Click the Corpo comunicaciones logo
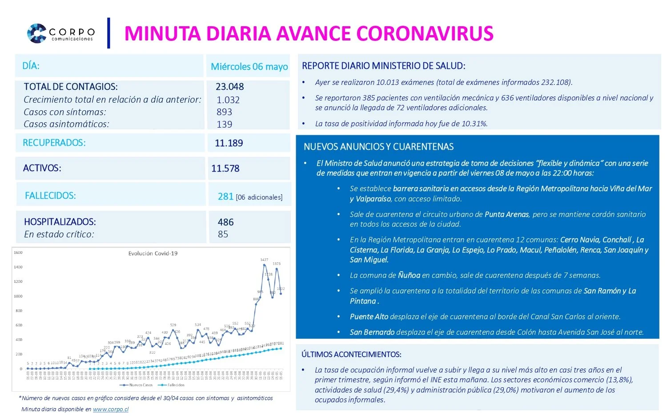tap(60, 33)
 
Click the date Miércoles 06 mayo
tap(249, 67)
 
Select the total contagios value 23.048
tap(229, 87)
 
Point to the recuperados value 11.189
tap(229, 143)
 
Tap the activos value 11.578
tap(225, 168)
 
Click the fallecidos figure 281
tap(225, 196)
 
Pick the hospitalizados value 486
tap(225, 222)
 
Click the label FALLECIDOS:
tap(50, 196)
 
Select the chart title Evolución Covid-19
tap(153, 253)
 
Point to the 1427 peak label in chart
tap(264, 260)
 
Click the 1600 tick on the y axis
tap(18, 253)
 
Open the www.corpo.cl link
tap(110, 409)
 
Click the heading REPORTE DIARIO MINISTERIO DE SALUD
tap(383, 66)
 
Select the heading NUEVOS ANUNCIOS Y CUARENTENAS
tap(378, 147)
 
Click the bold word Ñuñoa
tap(409, 275)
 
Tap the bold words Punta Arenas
tap(506, 214)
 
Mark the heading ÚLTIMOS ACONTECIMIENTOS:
tap(351, 354)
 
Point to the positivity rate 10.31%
tap(474, 124)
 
